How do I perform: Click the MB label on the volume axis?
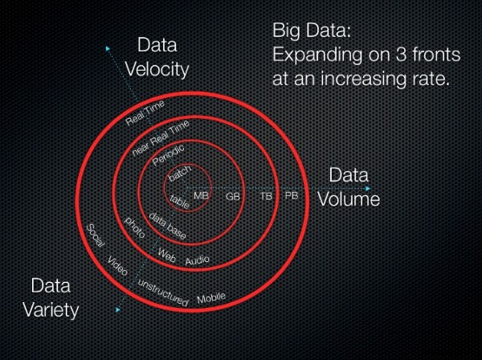click(x=201, y=195)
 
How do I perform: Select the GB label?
click(x=233, y=196)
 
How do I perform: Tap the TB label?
click(x=265, y=196)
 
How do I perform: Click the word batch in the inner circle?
click(x=178, y=177)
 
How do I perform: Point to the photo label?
click(x=133, y=231)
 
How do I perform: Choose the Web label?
click(x=166, y=256)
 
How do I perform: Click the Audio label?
click(x=198, y=260)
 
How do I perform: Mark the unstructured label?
click(x=162, y=295)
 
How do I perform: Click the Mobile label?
click(x=211, y=298)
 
